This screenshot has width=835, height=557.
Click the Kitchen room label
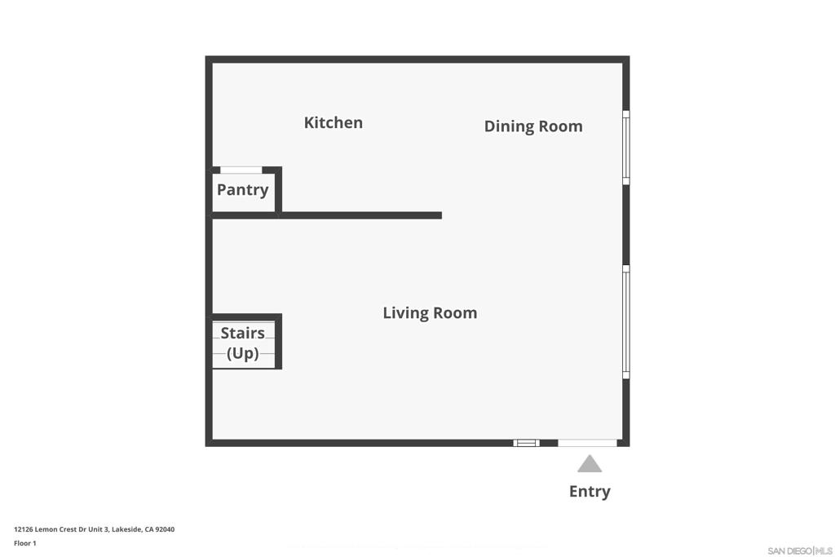click(334, 122)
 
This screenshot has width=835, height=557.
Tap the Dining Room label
click(533, 126)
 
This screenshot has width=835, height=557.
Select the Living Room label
click(430, 312)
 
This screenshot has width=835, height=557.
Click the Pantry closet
click(243, 191)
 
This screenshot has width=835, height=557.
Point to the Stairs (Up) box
click(244, 342)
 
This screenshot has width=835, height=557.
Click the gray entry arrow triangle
click(590, 464)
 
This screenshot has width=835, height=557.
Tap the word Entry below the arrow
click(590, 492)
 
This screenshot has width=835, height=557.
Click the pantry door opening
click(241, 170)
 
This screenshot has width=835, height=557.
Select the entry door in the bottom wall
click(587, 443)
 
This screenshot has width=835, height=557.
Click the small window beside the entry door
click(526, 443)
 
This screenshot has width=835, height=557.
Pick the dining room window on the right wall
click(626, 148)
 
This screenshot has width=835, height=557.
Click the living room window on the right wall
click(626, 322)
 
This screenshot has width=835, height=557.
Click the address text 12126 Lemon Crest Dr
click(60, 529)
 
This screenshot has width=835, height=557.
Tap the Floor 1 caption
click(25, 543)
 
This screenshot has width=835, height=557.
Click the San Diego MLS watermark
click(799, 550)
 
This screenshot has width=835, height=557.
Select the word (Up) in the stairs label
click(243, 353)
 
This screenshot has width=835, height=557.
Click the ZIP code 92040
click(165, 529)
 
